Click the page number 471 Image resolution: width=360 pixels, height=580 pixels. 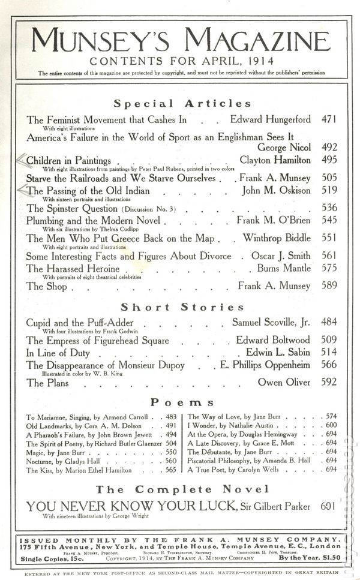pos(328,119)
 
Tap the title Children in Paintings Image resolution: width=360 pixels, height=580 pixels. pos(69,161)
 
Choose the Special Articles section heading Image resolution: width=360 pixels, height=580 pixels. pos(182,103)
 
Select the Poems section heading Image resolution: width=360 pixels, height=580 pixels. pos(182,402)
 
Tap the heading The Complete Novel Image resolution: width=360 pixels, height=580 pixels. pos(182,489)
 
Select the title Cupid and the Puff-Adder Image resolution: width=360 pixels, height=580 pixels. pos(80,323)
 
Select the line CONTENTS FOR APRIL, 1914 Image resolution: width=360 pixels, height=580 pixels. pos(181,62)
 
